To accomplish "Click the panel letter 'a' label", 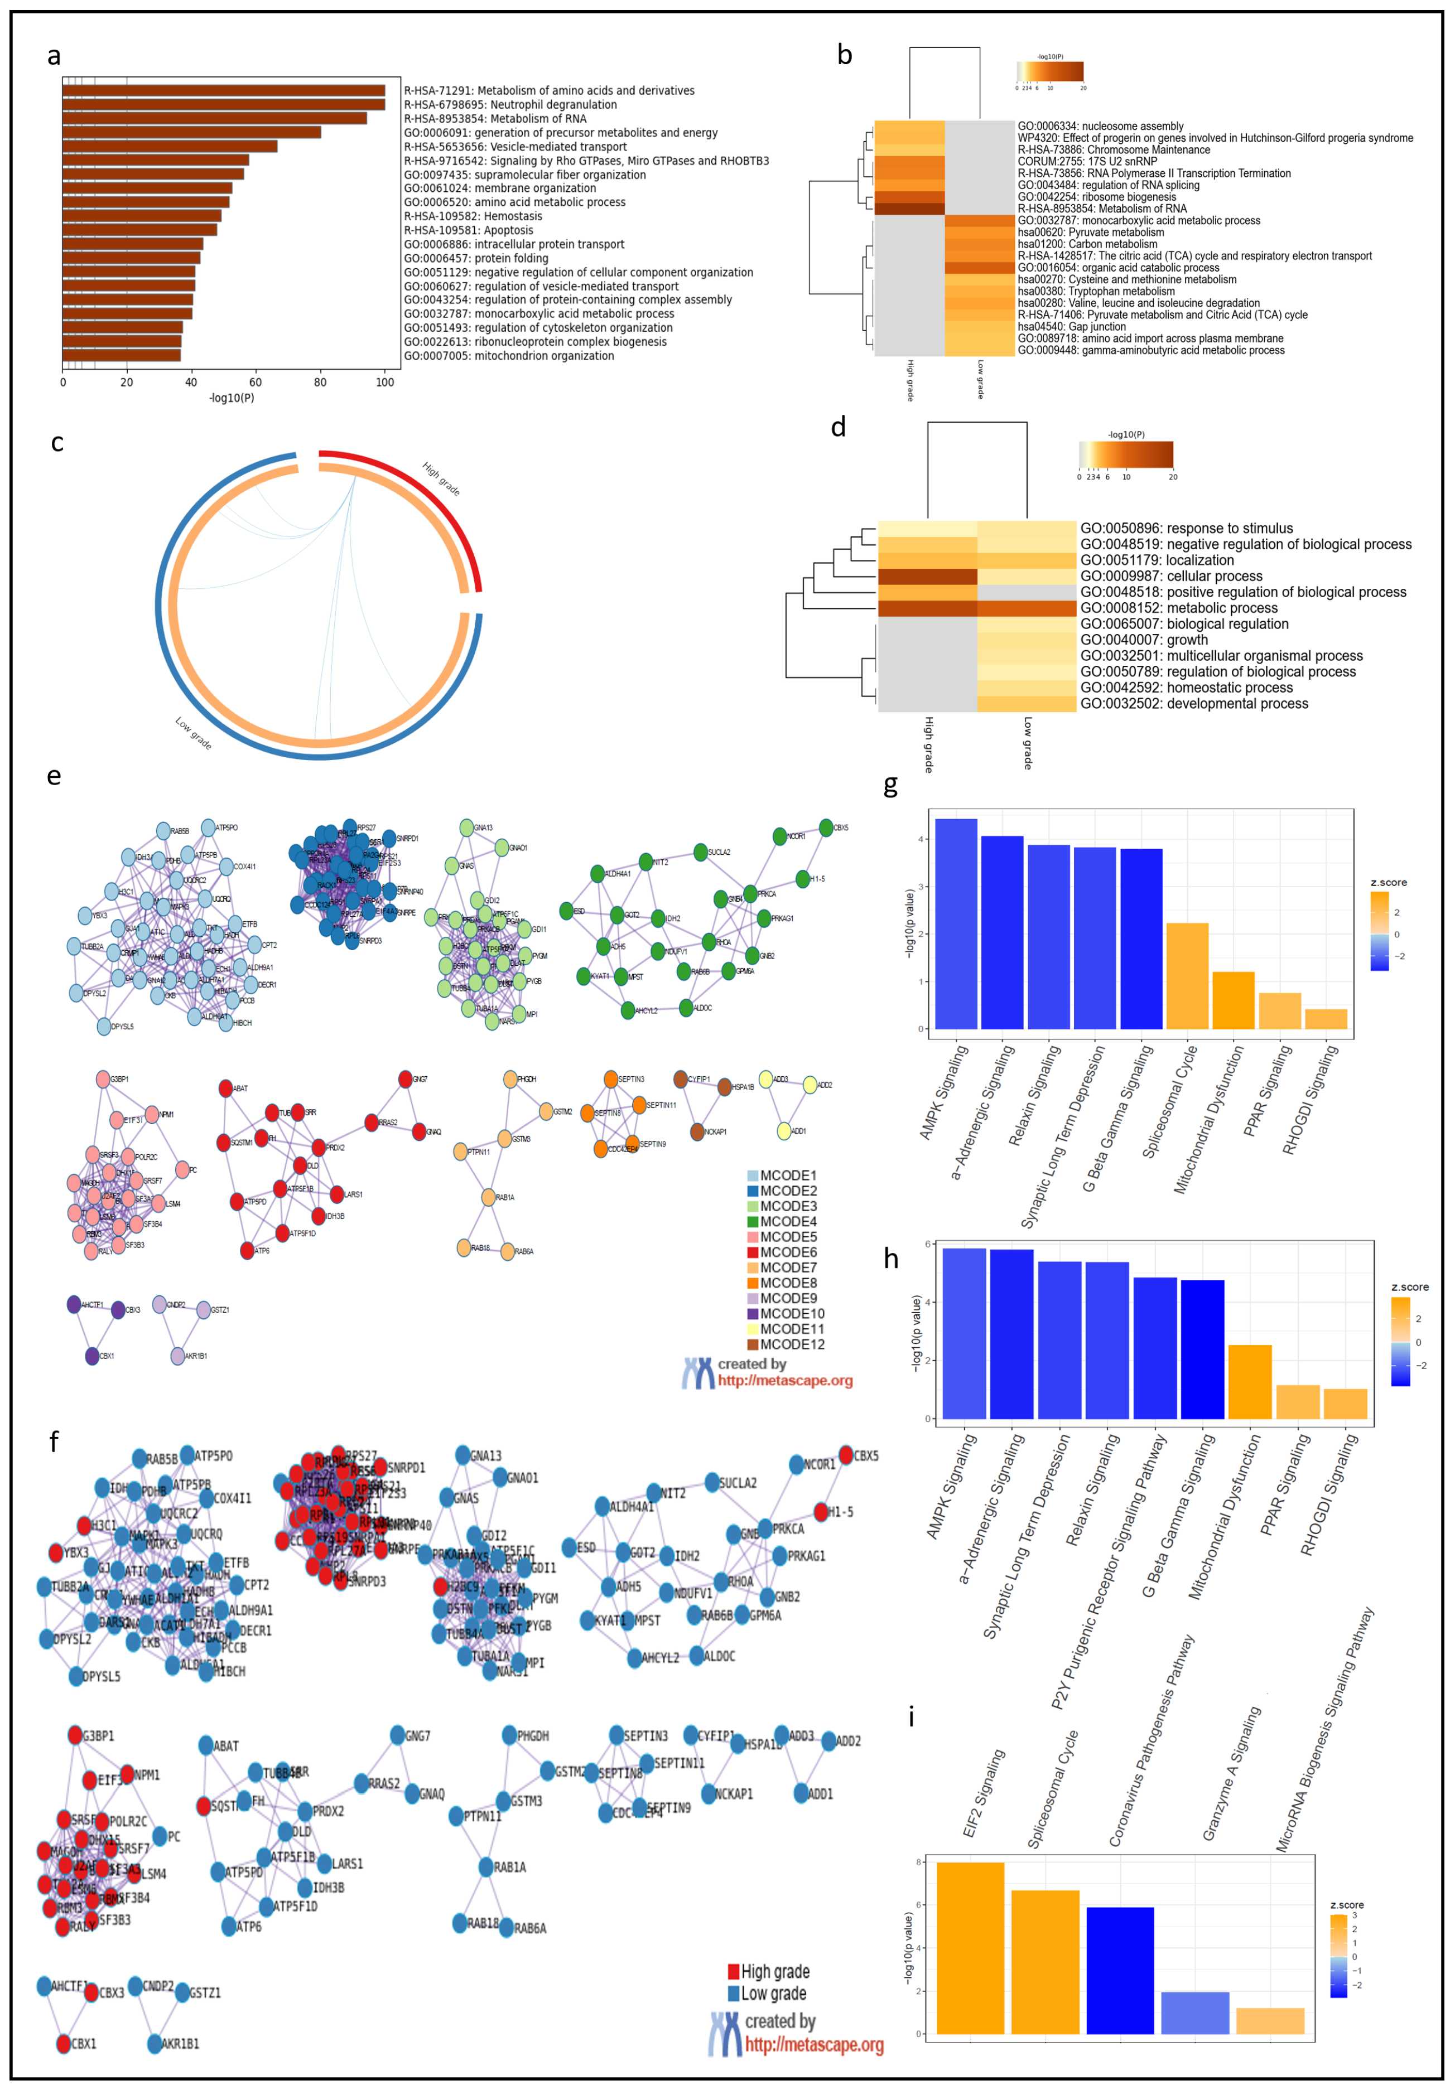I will pos(55,56).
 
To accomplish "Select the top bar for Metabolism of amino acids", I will pos(223,91).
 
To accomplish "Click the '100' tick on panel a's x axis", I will pos(384,383).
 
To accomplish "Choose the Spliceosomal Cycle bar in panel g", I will pos(1187,976).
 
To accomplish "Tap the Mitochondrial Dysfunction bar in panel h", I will pos(1249,1381).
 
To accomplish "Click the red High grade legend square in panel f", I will pos(733,1972).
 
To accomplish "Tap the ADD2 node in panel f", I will pos(828,1740).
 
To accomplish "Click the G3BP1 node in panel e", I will pos(103,1078).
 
